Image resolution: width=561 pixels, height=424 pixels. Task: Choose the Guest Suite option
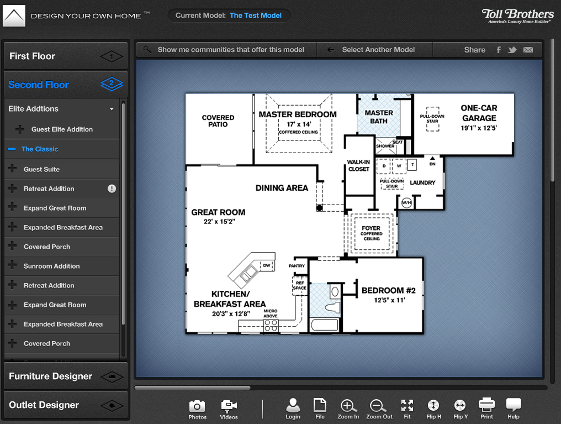[x=41, y=169]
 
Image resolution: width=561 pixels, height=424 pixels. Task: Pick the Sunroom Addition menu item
[x=51, y=266]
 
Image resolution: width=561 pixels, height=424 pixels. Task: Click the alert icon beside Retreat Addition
[x=112, y=189]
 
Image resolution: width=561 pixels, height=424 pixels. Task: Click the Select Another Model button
[x=378, y=50]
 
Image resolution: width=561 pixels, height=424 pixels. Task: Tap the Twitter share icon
[x=512, y=50]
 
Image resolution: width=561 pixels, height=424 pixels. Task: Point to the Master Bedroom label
[x=298, y=114]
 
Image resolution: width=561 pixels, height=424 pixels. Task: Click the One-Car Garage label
[x=479, y=113]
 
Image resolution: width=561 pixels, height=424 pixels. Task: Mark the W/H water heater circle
[x=406, y=203]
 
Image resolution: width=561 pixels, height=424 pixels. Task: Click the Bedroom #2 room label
[x=388, y=291]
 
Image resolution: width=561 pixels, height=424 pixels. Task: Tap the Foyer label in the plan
[x=371, y=228]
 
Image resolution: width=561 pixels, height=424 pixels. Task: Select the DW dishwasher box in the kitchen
[x=267, y=266]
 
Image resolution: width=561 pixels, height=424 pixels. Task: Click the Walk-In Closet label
[x=358, y=165]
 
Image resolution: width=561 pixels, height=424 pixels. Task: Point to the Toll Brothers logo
[x=517, y=15]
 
